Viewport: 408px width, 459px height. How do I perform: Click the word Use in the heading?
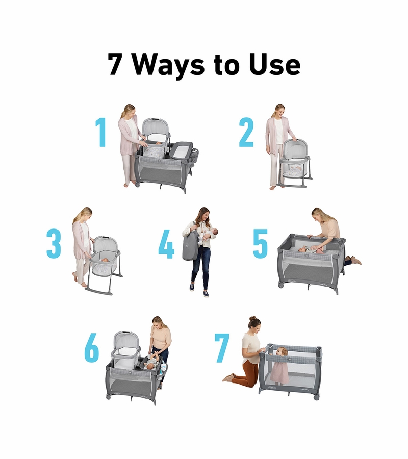pos(274,64)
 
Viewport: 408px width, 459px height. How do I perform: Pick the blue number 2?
pos(246,132)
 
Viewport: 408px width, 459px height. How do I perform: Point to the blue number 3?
pos(54,244)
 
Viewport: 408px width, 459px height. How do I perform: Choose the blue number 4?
pos(166,244)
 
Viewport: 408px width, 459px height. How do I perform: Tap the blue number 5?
pos(260,244)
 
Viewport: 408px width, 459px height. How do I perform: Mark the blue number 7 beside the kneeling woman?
pos(222,348)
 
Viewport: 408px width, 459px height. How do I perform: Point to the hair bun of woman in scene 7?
pos(253,318)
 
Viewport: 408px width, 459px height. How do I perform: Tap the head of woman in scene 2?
pos(279,111)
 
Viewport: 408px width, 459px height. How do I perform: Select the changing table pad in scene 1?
pos(181,150)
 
